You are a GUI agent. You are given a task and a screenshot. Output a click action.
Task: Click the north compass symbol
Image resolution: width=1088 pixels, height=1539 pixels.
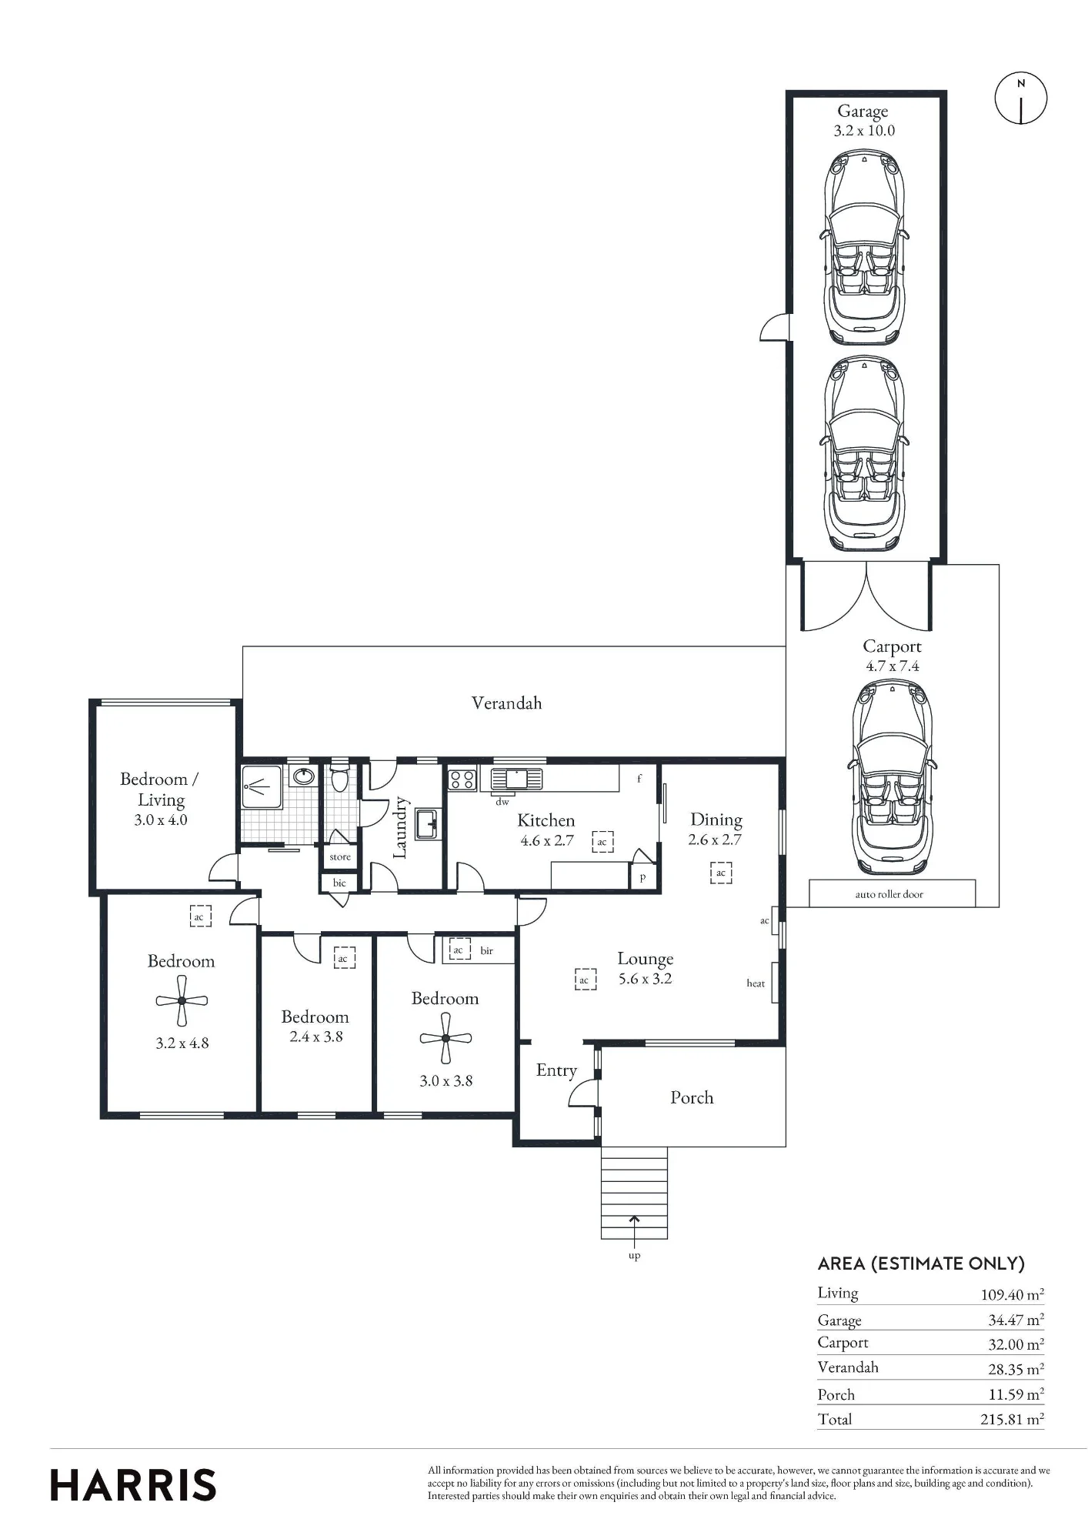pos(1021,98)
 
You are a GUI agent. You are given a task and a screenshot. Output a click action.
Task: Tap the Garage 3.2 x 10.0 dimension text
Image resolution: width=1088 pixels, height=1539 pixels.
pos(864,131)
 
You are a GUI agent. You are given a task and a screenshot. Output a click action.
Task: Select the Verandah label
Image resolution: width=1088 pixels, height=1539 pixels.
pos(506,703)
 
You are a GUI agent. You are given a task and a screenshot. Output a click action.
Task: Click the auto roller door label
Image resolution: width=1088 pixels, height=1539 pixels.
pos(889,894)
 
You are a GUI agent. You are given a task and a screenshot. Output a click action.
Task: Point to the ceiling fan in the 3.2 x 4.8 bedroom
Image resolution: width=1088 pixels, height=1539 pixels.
pos(182,1000)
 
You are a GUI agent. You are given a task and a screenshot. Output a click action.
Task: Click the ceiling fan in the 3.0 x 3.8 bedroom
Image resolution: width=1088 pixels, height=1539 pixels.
pos(446,1037)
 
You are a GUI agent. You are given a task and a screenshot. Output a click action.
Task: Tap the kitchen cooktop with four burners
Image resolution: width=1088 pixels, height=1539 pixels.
pos(462,779)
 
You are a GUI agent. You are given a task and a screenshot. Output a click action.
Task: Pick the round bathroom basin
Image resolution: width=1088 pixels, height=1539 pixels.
pos(304,776)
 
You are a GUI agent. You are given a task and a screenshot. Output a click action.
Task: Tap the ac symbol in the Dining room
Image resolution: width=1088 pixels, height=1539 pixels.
pos(721,873)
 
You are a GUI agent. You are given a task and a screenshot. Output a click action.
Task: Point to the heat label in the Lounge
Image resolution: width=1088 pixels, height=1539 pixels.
pos(756,983)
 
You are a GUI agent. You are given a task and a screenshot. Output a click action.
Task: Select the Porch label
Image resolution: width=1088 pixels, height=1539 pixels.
pos(692,1097)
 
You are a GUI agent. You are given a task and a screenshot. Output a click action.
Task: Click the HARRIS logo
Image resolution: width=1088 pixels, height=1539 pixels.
pos(133,1484)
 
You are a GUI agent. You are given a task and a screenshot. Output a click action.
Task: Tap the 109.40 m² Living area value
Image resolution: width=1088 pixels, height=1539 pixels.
pos(1012,1294)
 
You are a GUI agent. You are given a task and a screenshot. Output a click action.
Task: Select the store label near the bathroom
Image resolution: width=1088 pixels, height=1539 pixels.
pos(340,856)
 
